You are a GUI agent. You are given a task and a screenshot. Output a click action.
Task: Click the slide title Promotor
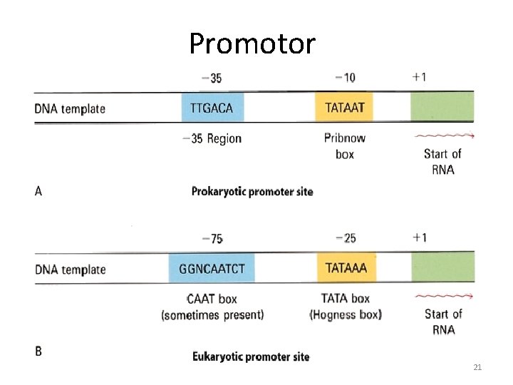(252, 44)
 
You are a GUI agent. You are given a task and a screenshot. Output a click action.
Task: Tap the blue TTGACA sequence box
(212, 108)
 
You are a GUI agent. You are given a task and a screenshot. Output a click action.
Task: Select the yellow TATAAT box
(344, 108)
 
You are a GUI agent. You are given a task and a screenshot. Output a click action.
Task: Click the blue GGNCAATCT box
(212, 269)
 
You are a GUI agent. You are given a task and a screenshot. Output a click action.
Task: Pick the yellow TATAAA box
(346, 269)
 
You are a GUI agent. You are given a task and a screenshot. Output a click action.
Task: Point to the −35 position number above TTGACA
(212, 78)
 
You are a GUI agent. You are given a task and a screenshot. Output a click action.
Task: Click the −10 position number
(345, 77)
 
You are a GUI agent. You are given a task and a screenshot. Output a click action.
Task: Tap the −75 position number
(212, 238)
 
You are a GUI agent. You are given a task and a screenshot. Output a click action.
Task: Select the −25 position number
(345, 237)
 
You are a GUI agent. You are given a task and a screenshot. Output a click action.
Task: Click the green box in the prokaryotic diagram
(442, 108)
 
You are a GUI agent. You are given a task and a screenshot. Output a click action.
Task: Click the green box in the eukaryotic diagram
(442, 268)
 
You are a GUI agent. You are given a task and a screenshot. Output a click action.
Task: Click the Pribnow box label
(345, 146)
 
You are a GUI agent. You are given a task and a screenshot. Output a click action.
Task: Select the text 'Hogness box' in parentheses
(346, 314)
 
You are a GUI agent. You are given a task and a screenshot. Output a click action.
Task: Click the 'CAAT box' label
(212, 299)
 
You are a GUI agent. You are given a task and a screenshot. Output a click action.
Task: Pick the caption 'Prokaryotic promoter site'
(252, 191)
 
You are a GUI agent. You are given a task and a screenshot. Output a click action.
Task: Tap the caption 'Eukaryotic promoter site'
(251, 356)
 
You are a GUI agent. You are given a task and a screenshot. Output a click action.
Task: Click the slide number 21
(477, 367)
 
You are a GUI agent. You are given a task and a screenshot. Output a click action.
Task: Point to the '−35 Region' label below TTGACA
(212, 138)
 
